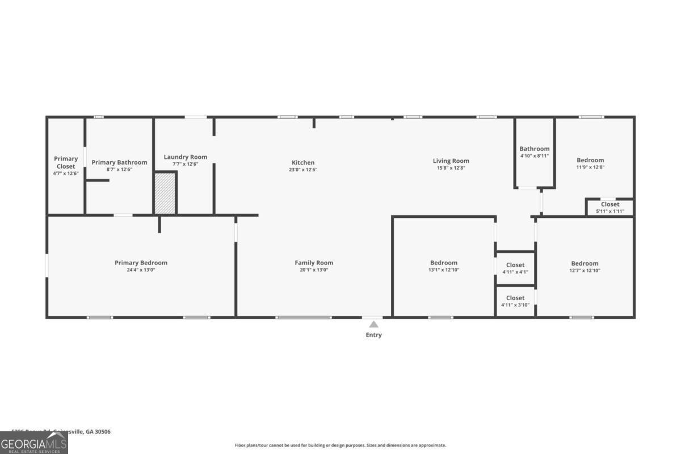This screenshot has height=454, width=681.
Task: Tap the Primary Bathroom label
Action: click(x=119, y=162)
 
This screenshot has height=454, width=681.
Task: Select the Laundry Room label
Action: click(x=186, y=157)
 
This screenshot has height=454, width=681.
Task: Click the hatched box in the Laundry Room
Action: click(x=165, y=194)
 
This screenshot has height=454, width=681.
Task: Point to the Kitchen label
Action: click(x=303, y=163)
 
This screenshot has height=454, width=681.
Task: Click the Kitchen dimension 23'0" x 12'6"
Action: click(x=303, y=170)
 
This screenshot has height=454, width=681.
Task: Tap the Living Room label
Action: click(x=451, y=161)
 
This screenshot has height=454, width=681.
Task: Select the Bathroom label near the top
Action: click(x=535, y=149)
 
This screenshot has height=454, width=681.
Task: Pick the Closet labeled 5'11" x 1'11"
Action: click(x=610, y=207)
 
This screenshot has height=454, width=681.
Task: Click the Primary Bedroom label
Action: click(x=141, y=263)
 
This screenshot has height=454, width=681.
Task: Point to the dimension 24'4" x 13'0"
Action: click(x=141, y=270)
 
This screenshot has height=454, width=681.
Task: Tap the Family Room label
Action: click(x=314, y=263)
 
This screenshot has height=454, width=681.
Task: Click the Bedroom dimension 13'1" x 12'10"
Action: click(x=444, y=270)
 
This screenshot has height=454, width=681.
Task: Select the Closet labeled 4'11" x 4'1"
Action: click(x=515, y=268)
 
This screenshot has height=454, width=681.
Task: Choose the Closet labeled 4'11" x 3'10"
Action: click(x=515, y=301)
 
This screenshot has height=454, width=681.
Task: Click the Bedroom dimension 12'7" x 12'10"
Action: click(x=585, y=271)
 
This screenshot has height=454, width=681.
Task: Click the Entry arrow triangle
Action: click(x=373, y=325)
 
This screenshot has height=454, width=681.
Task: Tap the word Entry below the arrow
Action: click(x=373, y=335)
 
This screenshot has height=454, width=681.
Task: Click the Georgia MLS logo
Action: click(x=34, y=443)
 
